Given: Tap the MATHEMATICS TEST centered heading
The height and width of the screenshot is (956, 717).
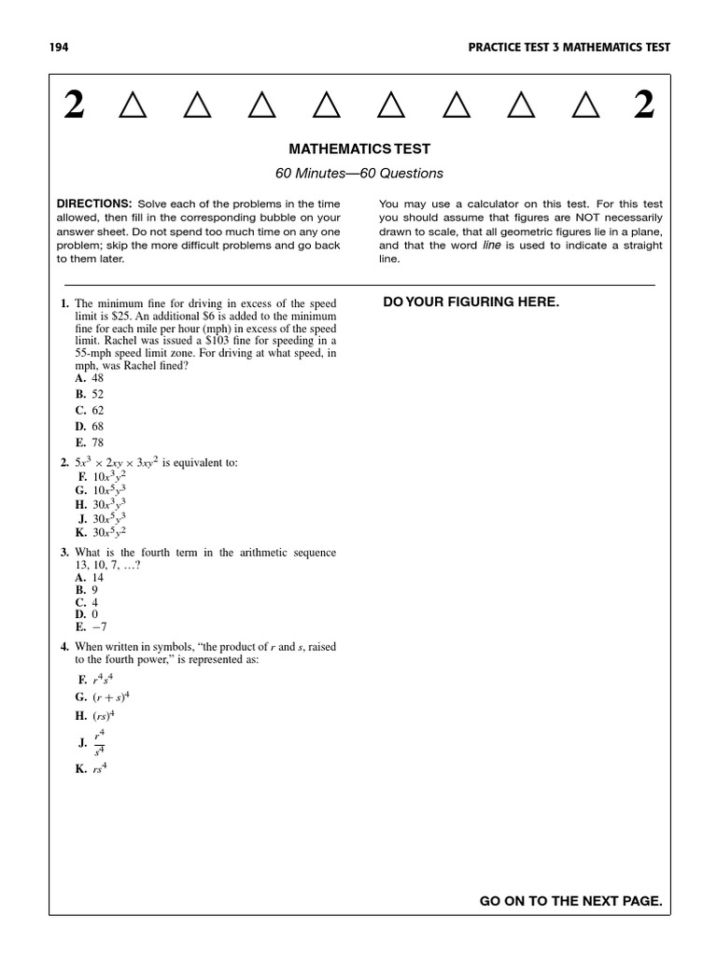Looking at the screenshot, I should [x=359, y=148].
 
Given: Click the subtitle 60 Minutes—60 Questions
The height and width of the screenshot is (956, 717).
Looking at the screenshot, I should [x=359, y=173].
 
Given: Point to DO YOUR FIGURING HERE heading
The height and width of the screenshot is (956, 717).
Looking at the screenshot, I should [x=471, y=302].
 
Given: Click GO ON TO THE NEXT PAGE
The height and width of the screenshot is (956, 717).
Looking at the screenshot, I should [x=570, y=901].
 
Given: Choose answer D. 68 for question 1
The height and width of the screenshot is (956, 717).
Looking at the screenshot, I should [x=91, y=426].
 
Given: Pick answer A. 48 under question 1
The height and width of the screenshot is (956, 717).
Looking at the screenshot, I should [x=91, y=378].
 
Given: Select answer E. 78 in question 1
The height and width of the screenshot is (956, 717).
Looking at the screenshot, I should [x=91, y=443].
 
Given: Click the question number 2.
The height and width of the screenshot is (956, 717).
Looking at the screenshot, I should [x=63, y=463].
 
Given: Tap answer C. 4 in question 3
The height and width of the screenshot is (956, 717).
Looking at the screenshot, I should [x=89, y=602].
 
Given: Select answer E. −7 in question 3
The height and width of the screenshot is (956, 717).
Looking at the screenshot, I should [x=91, y=627].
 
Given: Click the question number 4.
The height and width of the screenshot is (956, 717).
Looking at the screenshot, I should [x=63, y=647].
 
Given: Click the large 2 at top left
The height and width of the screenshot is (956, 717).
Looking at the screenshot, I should [x=75, y=107].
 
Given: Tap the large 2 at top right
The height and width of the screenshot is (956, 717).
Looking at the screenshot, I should [x=644, y=107].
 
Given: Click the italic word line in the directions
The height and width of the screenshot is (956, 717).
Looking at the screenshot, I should [x=492, y=246].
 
